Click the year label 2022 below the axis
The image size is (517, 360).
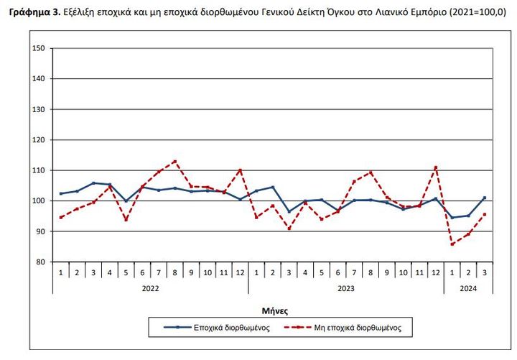pos(151,287)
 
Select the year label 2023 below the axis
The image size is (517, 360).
pos(346,287)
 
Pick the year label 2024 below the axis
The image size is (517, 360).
pos(468,287)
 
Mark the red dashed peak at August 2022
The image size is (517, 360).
pos(175,161)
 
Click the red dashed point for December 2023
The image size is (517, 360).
pos(436,167)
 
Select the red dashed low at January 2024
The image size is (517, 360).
pos(452,244)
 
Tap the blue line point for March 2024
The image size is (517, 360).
pos(485,198)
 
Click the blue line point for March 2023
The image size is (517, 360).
pos(289,211)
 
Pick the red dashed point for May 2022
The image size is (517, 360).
pos(126,220)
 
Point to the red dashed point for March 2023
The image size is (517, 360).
pos(289,229)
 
